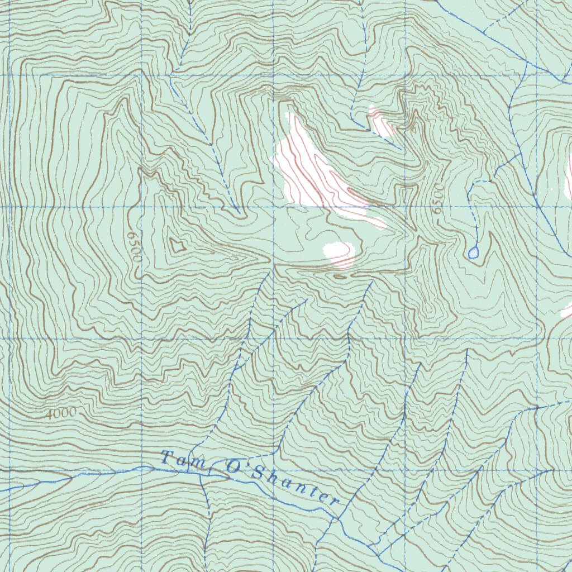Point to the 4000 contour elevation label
(60, 413)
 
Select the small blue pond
(474, 253)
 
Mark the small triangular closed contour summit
(178, 245)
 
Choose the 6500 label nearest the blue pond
(436, 199)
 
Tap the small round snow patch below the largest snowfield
(339, 252)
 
